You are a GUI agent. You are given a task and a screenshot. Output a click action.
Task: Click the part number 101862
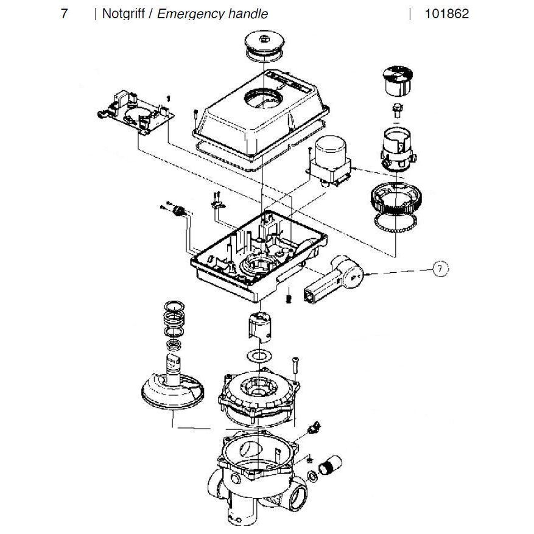pos(447,13)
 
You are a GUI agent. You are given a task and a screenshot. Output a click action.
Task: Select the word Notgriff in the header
pos(123,13)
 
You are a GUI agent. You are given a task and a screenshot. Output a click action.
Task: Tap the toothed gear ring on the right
pos(394,197)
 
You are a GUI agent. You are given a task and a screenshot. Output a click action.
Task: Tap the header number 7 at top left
pos(64,13)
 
